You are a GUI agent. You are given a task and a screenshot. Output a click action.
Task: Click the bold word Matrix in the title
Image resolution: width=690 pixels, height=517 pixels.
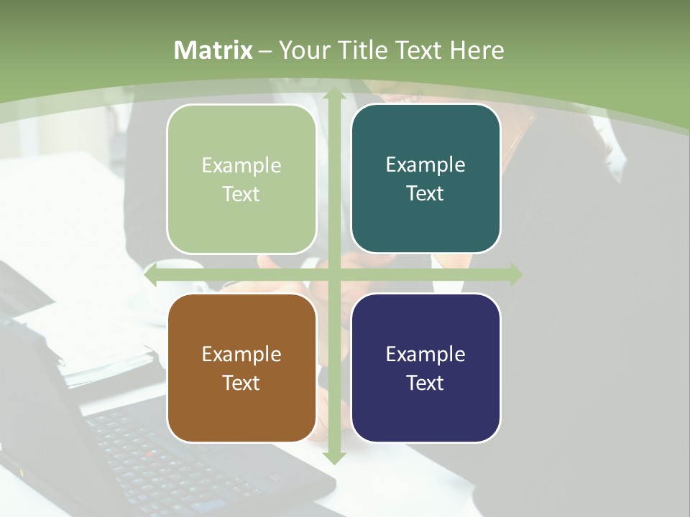213,50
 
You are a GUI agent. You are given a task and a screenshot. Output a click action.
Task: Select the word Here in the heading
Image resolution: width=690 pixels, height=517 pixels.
477,50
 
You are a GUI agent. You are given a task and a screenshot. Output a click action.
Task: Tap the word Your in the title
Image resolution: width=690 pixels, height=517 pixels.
302,50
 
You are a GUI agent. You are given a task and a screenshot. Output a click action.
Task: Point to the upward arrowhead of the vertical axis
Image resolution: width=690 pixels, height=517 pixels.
333,93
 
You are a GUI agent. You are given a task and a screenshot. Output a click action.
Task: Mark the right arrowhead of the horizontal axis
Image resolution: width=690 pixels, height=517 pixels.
515,274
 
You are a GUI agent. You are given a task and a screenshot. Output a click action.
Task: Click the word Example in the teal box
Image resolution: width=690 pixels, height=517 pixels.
425,165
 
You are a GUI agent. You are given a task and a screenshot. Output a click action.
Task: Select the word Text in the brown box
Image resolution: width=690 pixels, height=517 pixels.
241,383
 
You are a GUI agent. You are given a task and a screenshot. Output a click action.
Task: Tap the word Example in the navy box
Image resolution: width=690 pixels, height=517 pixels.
425,354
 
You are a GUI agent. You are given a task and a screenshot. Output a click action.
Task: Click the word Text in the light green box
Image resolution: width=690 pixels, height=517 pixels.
241,194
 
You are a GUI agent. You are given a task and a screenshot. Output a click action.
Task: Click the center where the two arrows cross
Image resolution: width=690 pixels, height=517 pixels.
333,274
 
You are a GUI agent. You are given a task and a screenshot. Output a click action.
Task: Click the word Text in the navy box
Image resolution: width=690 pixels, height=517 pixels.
425,383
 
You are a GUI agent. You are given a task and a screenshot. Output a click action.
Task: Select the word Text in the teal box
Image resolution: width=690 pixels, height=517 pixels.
425,194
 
